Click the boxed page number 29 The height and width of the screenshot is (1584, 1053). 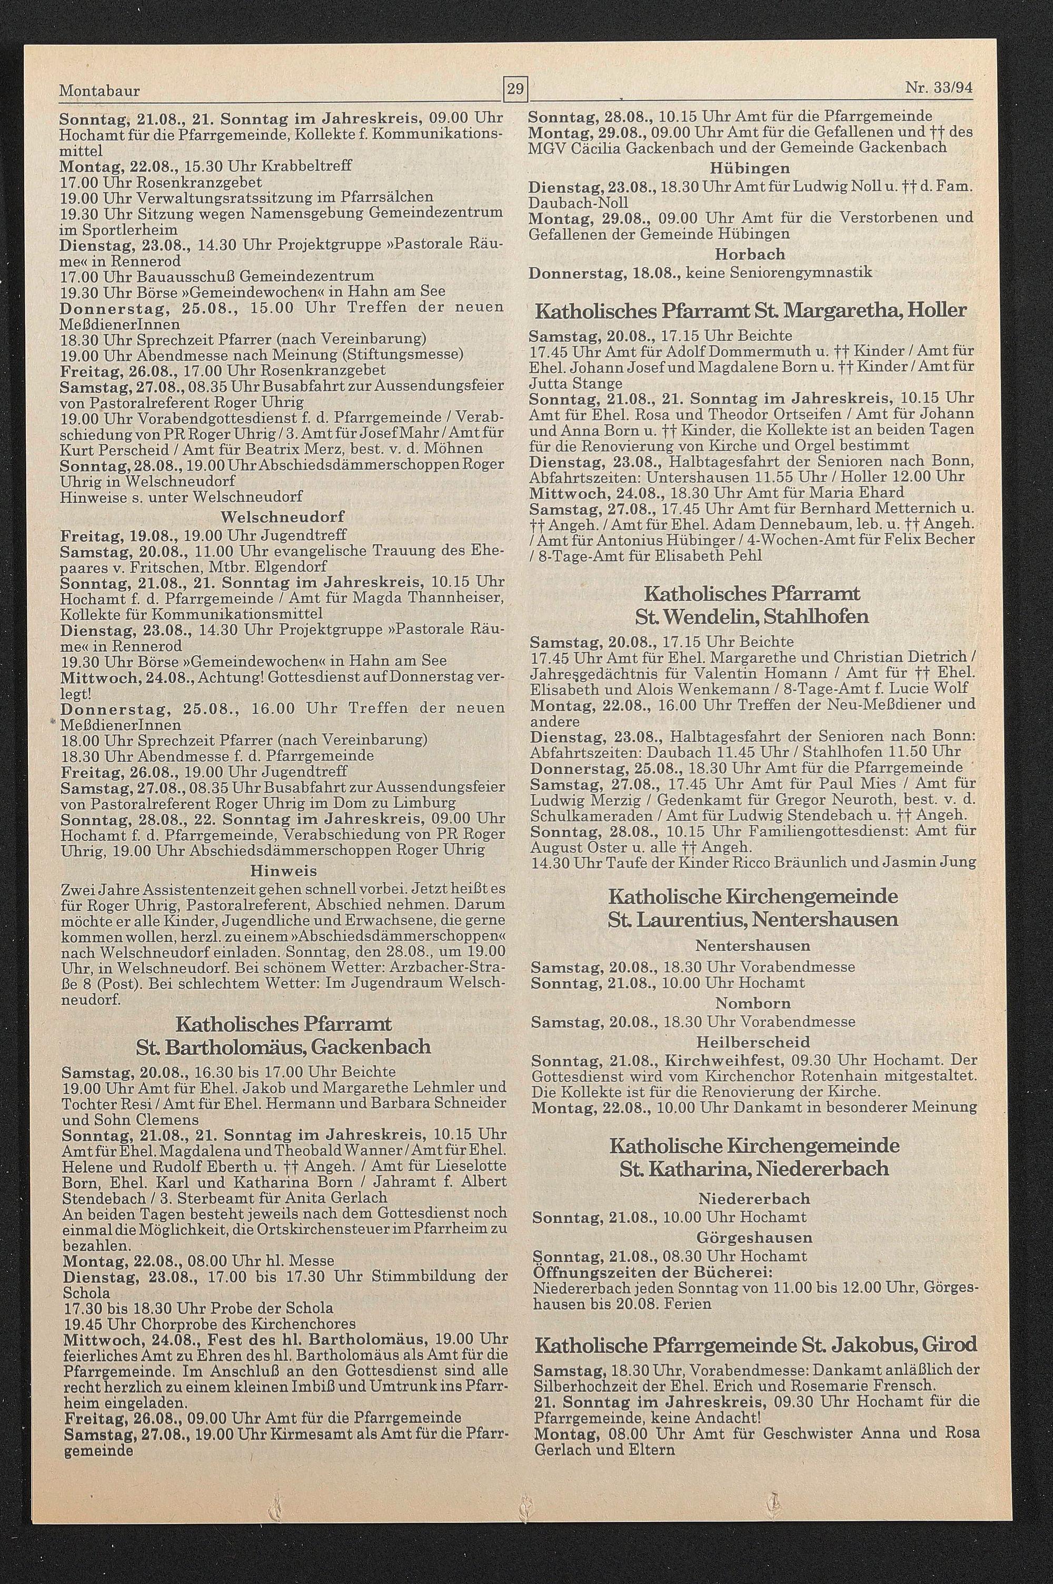(516, 88)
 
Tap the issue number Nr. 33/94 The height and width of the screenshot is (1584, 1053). (938, 88)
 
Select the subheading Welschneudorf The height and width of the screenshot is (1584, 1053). (282, 517)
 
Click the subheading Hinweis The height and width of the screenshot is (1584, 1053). (283, 872)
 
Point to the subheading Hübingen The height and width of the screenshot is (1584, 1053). (750, 167)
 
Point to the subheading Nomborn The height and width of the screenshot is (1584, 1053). (753, 1003)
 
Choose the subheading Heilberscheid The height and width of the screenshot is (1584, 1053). (753, 1042)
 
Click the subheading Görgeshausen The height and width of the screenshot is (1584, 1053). (754, 1237)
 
